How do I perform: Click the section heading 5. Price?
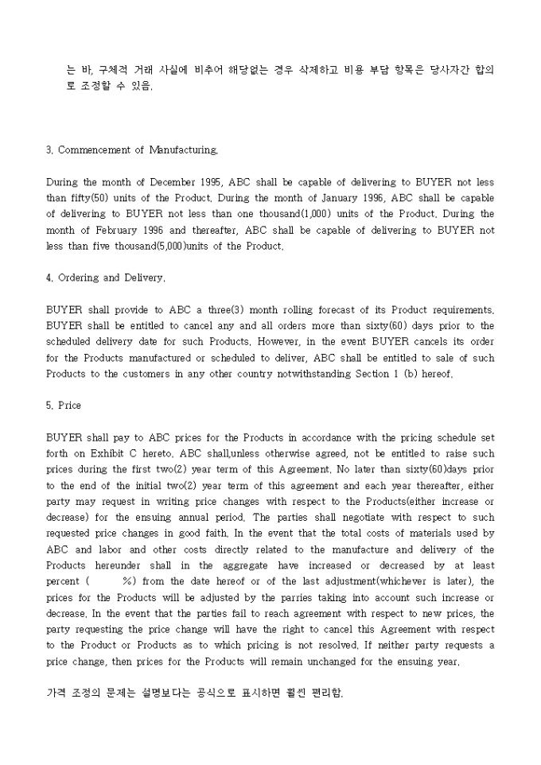click(64, 406)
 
